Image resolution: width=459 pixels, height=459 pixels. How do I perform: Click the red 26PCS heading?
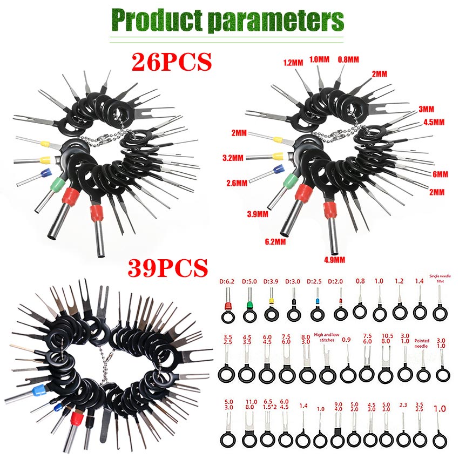(172, 61)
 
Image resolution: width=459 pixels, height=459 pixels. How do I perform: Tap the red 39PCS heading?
(168, 267)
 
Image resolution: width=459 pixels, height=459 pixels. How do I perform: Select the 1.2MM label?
(293, 63)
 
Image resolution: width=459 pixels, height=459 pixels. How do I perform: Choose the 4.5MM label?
(434, 123)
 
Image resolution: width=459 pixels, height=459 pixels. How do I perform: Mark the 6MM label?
(440, 174)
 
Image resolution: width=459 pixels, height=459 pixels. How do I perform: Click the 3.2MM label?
(233, 159)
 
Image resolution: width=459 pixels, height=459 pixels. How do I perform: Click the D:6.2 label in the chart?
(226, 281)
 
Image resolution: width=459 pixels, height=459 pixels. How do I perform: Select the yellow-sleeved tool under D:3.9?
(271, 303)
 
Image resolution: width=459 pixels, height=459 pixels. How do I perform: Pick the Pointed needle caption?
(422, 343)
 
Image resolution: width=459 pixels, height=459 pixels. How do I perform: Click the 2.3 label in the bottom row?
(403, 404)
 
